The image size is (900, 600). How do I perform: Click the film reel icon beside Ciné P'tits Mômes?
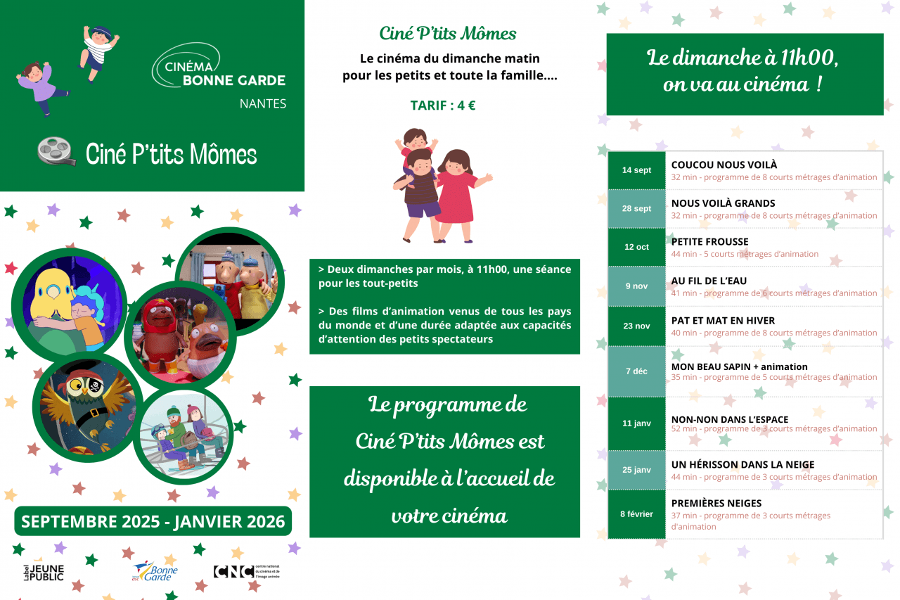coord(57,151)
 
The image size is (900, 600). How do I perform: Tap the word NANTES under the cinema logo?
coord(263,103)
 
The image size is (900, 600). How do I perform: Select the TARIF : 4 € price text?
coord(443,106)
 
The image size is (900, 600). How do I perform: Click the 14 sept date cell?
coord(636,170)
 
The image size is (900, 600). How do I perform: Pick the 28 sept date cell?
coord(636,209)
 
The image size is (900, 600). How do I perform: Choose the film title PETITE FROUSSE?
coord(709,242)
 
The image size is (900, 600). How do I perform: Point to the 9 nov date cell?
coord(636,286)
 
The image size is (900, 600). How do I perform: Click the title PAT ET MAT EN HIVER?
coord(723,321)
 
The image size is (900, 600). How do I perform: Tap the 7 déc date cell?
coord(636,371)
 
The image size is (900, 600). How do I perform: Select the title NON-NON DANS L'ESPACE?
coord(729,419)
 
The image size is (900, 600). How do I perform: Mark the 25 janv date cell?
coord(636,470)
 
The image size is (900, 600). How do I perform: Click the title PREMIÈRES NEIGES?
coord(716,504)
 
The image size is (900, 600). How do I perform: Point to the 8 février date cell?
coord(636,514)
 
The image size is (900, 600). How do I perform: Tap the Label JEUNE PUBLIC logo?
coord(43,572)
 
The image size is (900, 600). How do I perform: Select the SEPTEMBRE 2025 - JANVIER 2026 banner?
coord(153,521)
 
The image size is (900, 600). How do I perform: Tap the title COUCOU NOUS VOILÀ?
coord(724,165)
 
